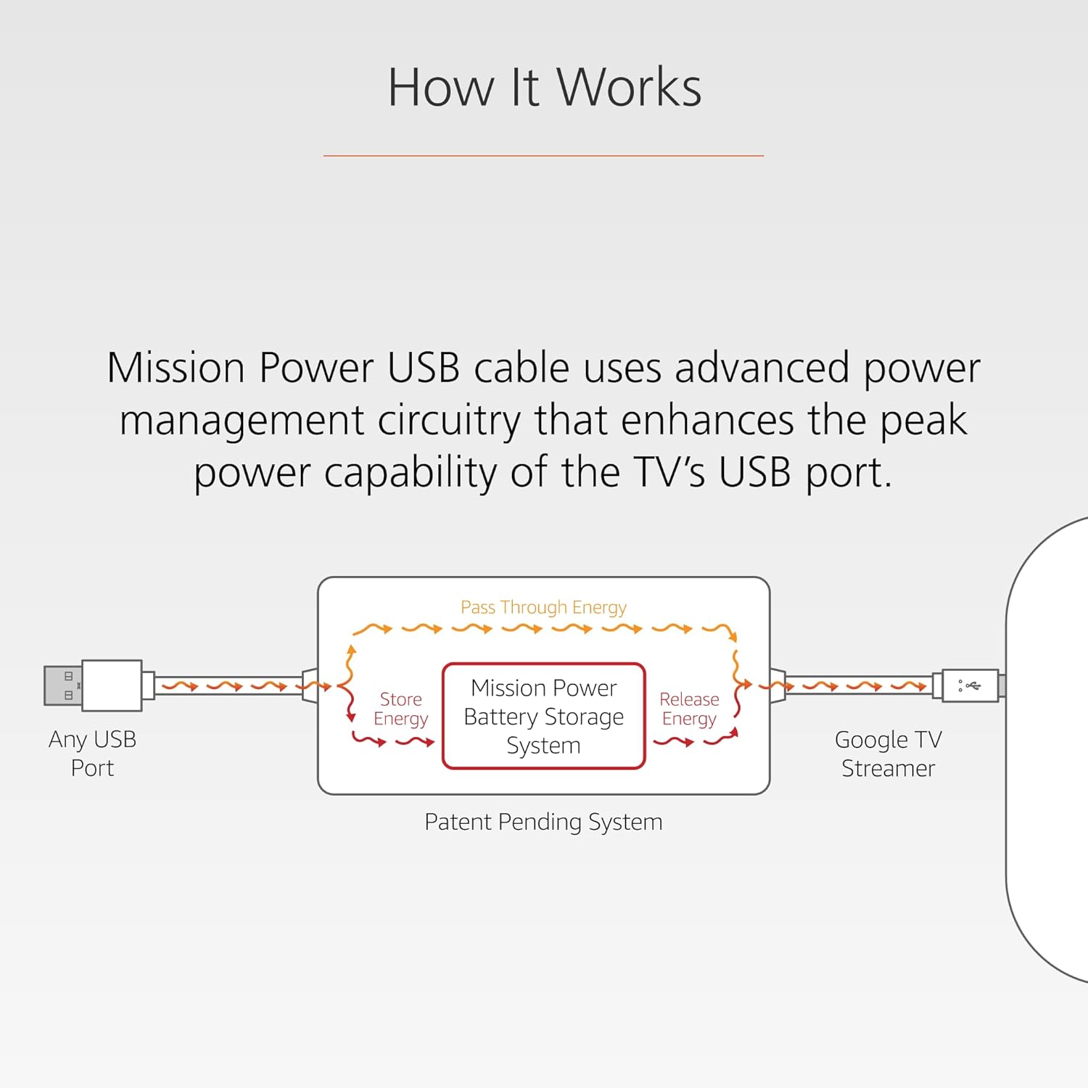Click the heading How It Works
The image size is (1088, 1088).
point(544,87)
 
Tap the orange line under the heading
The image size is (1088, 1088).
point(543,155)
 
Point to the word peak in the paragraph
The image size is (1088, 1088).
point(923,421)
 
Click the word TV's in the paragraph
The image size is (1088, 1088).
point(669,473)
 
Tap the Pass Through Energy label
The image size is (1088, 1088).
point(543,607)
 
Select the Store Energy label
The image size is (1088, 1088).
point(400,709)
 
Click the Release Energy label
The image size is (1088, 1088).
point(689,709)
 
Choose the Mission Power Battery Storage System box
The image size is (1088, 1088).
point(543,716)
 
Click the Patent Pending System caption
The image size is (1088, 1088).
point(543,822)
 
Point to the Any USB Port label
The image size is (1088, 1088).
point(92,754)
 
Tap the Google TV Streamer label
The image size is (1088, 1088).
point(888,754)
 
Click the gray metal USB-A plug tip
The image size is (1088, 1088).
point(62,685)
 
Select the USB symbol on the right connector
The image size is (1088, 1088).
point(970,685)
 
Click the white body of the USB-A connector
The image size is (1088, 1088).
point(112,685)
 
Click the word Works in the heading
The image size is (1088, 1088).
point(629,87)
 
